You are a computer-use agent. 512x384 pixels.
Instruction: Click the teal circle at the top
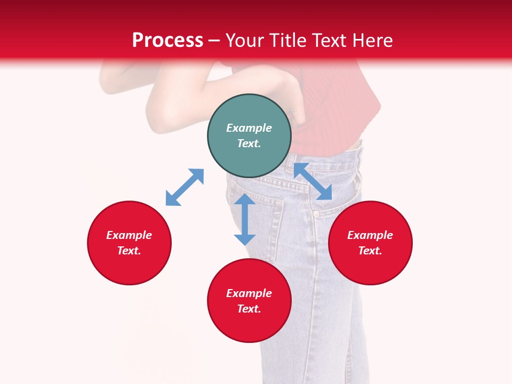click(x=249, y=136)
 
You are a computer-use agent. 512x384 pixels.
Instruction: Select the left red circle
click(x=129, y=243)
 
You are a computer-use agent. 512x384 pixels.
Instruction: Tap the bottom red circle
click(x=249, y=301)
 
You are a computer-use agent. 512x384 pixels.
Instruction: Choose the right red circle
click(x=370, y=243)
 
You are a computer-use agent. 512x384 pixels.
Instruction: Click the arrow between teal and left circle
click(x=185, y=187)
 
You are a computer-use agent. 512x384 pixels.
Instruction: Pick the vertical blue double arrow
click(x=245, y=219)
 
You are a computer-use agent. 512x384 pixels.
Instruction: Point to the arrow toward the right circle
click(x=313, y=181)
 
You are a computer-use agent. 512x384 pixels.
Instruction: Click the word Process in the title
click(x=167, y=40)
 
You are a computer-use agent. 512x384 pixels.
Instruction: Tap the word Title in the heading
click(x=286, y=40)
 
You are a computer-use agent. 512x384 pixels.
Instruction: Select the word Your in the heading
click(x=243, y=40)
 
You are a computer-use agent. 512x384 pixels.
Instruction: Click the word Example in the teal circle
click(x=249, y=128)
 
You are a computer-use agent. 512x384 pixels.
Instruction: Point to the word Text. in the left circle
click(x=129, y=251)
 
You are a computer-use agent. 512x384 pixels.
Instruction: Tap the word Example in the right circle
click(x=370, y=235)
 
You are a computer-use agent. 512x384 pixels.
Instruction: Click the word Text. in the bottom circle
click(x=249, y=309)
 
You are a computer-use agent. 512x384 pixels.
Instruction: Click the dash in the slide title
click(x=214, y=41)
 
